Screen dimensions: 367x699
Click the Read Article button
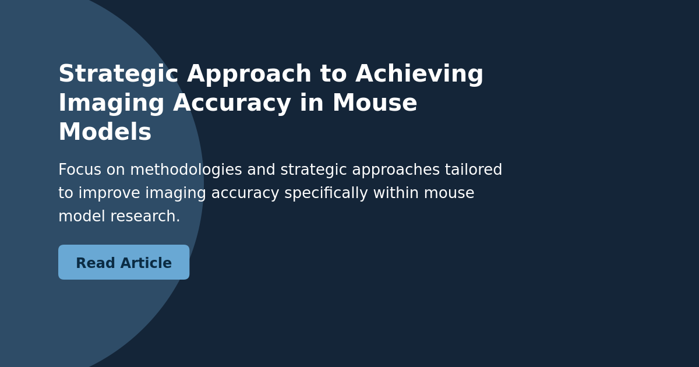coord(123,262)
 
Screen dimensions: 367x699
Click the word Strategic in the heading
coord(118,75)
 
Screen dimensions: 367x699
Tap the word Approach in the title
coord(249,75)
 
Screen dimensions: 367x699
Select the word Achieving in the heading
coord(419,75)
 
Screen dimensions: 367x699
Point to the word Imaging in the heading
coord(111,104)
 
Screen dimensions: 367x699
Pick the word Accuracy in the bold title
coord(232,104)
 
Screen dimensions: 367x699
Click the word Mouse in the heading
coord(375,104)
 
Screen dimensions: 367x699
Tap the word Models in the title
coord(105,133)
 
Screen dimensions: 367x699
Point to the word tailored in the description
coord(473,170)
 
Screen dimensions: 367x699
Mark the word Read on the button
coord(96,263)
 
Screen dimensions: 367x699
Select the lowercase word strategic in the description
coord(314,170)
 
